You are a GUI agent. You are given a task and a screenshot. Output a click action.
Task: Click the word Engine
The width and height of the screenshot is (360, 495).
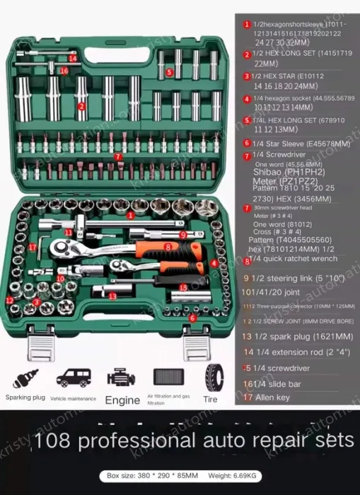pyautogui.click(x=122, y=399)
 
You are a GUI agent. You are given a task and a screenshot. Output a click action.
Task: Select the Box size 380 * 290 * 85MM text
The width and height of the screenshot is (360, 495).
pyautogui.click(x=149, y=475)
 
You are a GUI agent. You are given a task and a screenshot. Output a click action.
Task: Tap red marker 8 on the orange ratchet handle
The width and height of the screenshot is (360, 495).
pyautogui.click(x=168, y=246)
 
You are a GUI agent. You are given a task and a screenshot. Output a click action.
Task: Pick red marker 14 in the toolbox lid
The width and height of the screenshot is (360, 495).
pyautogui.click(x=73, y=59)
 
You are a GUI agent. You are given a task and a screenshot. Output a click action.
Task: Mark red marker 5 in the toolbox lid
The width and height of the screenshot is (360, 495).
pyautogui.click(x=170, y=72)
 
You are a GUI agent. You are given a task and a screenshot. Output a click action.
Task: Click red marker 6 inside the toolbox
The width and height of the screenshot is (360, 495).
pyautogui.click(x=192, y=318)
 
